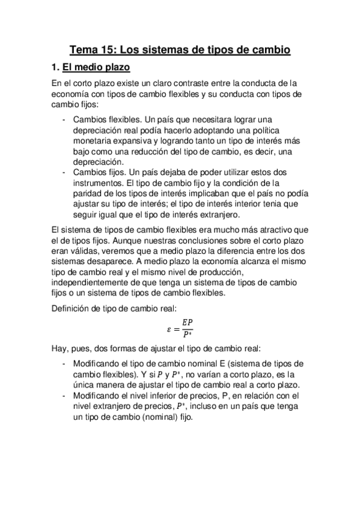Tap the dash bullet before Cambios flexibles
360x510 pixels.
[x=64, y=118]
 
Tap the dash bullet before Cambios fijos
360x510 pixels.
[x=64, y=173]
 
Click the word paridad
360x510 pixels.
[x=87, y=194]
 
